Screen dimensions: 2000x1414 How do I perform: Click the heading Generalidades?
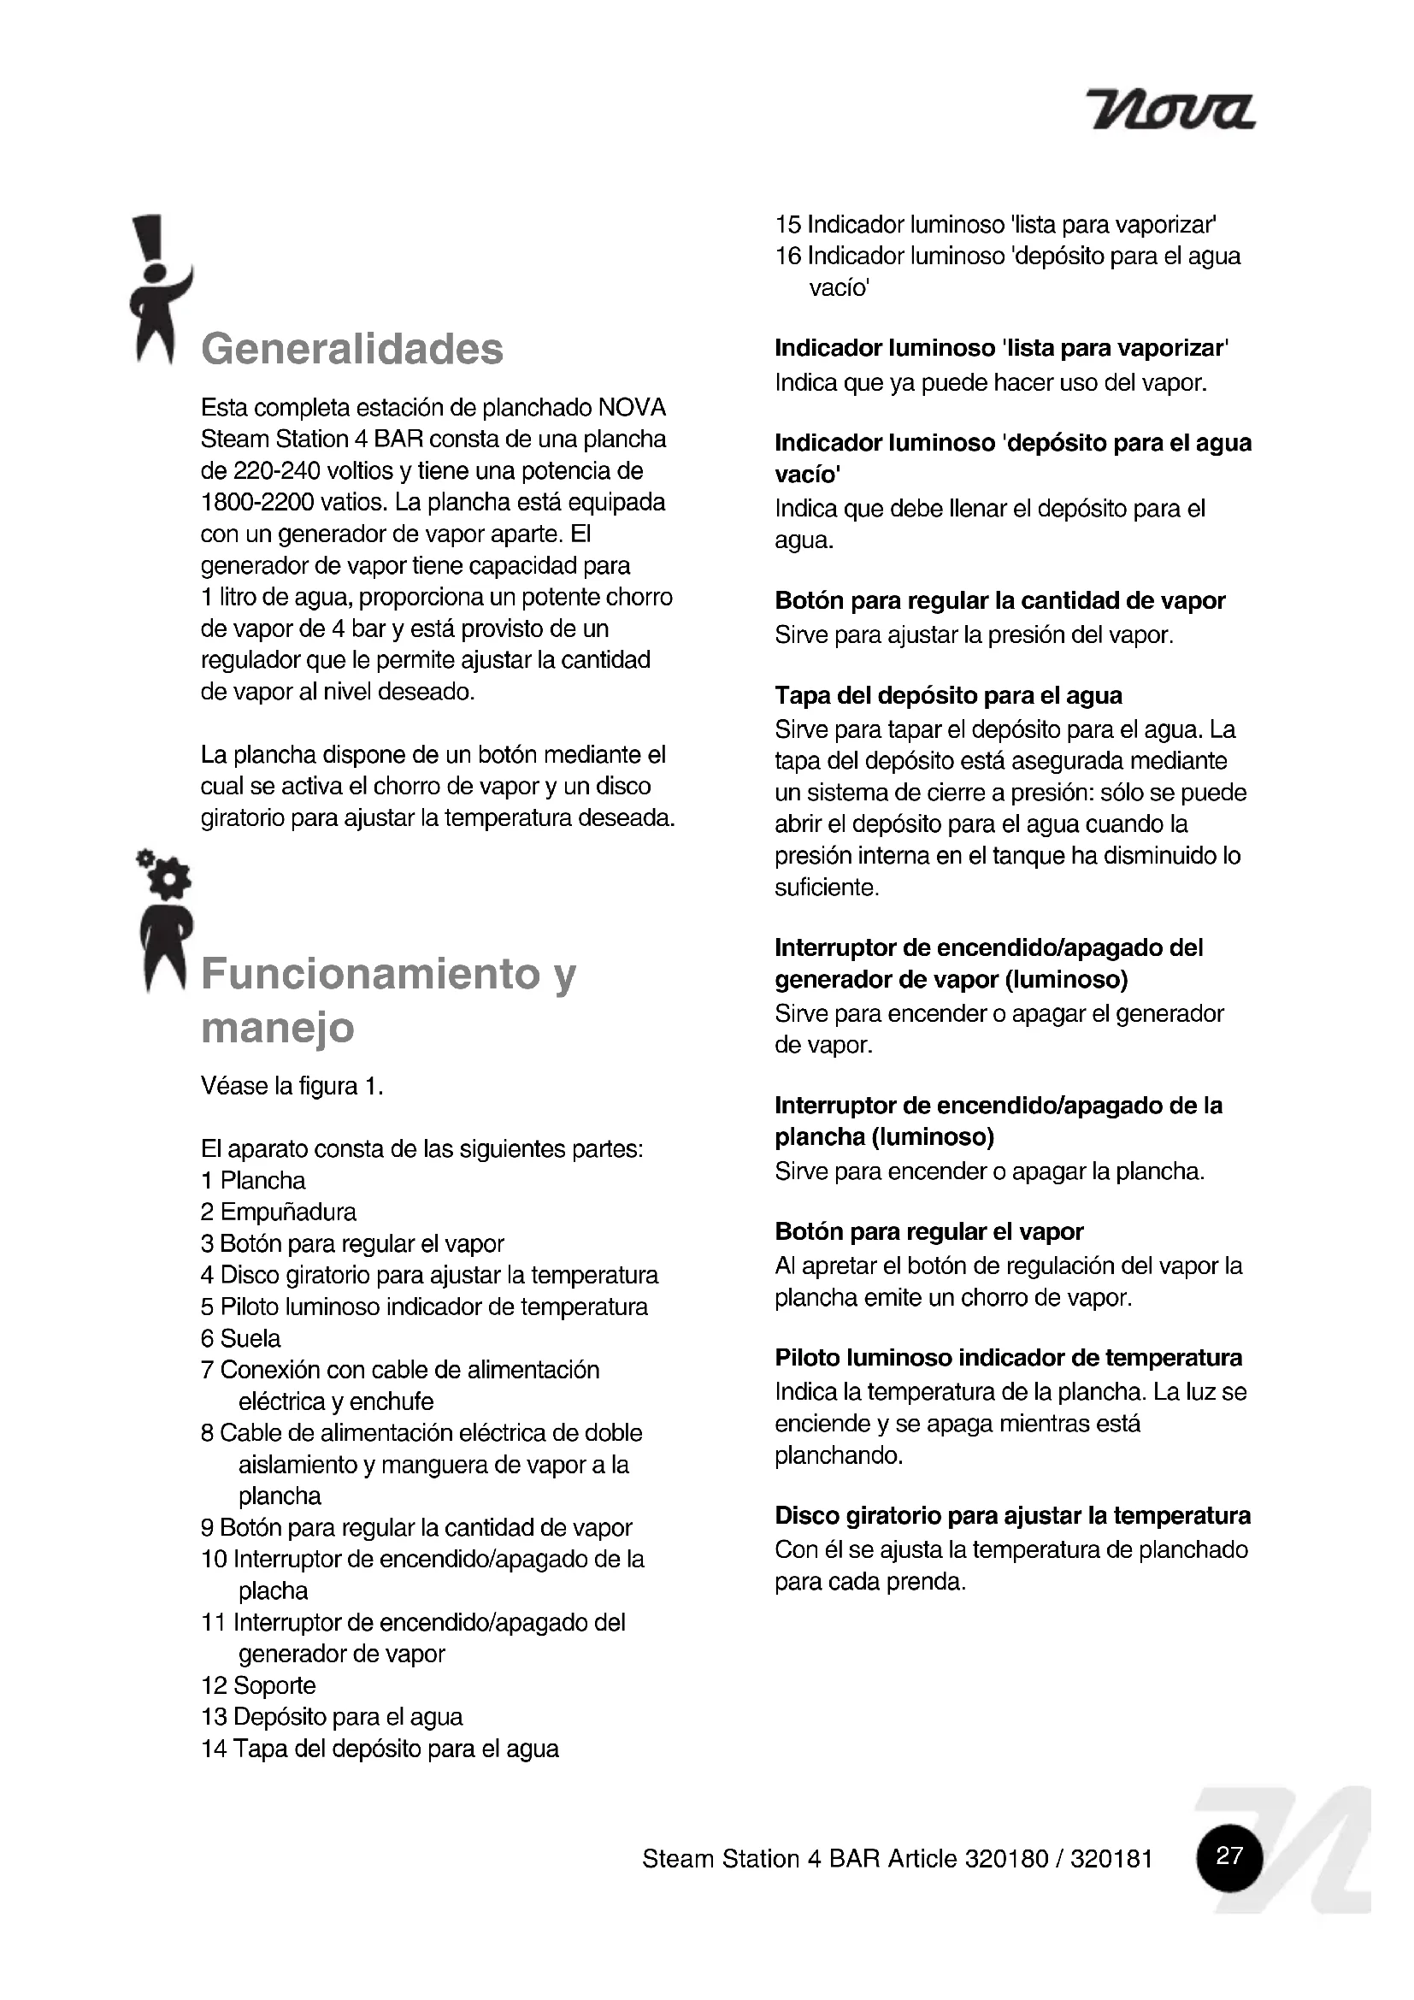tap(351, 350)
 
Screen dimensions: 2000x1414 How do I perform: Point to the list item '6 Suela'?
tap(241, 1338)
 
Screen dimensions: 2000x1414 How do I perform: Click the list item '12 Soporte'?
tap(258, 1685)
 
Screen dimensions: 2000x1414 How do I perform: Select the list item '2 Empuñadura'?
tap(279, 1212)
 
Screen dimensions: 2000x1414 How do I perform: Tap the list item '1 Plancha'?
tap(253, 1180)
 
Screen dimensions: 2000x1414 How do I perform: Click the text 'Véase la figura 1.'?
tap(292, 1086)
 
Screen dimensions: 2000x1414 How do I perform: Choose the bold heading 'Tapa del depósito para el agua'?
tap(948, 695)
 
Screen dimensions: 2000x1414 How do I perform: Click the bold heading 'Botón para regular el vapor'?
tap(929, 1231)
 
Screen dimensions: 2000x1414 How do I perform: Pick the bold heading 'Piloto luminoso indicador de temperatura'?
tap(1008, 1358)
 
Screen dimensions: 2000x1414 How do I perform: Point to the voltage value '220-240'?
tap(276, 471)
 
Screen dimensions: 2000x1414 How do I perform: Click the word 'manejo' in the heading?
tap(278, 1028)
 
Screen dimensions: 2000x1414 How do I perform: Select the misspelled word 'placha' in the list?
tap(274, 1590)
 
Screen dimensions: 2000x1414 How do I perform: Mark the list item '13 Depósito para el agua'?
tap(332, 1717)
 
